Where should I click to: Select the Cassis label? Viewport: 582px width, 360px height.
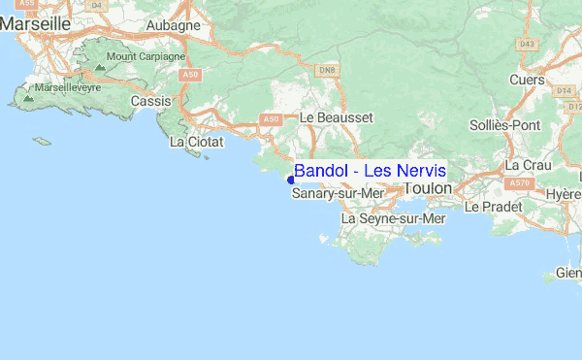pyautogui.click(x=150, y=100)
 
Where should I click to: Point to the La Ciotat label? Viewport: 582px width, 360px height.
pyautogui.click(x=196, y=142)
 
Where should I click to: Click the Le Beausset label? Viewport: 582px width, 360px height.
pyautogui.click(x=336, y=116)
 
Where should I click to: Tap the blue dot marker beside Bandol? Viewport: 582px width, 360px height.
pyautogui.click(x=291, y=179)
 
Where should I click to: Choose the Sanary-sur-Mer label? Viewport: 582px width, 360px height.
pyautogui.click(x=338, y=194)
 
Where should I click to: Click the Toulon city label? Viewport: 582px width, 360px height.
pyautogui.click(x=428, y=187)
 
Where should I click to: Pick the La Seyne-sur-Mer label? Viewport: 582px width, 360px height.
pyautogui.click(x=393, y=219)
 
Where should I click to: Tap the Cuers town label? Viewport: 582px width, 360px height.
pyautogui.click(x=528, y=81)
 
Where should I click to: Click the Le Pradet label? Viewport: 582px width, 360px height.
pyautogui.click(x=493, y=207)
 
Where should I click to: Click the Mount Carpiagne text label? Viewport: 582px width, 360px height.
pyautogui.click(x=145, y=56)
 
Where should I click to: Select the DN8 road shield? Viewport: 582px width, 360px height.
pyautogui.click(x=327, y=70)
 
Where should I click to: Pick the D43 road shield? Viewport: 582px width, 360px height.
pyautogui.click(x=527, y=45)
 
